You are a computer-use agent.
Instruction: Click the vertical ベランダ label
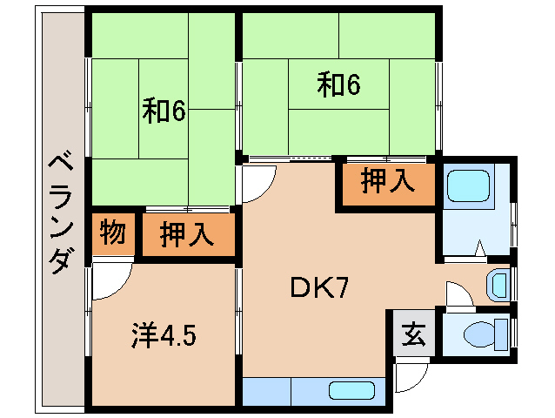tap(60, 213)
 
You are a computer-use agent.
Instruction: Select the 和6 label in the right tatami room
tap(338, 84)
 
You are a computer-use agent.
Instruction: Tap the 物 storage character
tap(113, 233)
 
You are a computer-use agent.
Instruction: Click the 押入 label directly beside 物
tap(187, 234)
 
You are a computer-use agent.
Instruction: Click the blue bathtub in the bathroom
tap(471, 185)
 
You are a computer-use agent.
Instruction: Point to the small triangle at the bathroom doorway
tap(478, 251)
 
